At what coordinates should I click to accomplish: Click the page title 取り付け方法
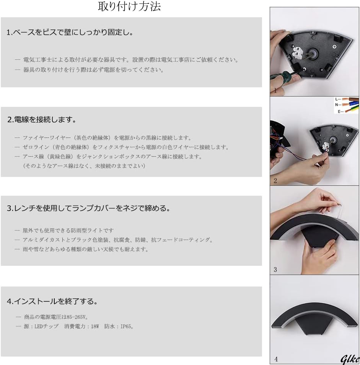(x=129, y=7)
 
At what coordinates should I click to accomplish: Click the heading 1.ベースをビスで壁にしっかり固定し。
(x=70, y=32)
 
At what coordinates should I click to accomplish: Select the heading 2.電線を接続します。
(x=42, y=119)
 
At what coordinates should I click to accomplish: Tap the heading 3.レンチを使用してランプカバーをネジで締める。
(x=89, y=208)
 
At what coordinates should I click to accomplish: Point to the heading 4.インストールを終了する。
(x=52, y=301)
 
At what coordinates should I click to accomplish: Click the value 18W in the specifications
(x=95, y=326)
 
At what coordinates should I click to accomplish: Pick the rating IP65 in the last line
(x=126, y=326)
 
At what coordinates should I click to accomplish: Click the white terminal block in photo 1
(x=298, y=52)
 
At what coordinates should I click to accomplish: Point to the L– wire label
(x=338, y=99)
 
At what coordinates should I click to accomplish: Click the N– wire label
(x=338, y=105)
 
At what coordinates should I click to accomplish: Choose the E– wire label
(x=340, y=111)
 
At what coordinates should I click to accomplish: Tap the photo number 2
(x=275, y=181)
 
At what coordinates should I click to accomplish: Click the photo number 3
(x=275, y=270)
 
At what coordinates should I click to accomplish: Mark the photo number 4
(x=276, y=359)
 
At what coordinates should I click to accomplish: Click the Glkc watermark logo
(x=350, y=359)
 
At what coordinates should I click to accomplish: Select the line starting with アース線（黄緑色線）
(x=112, y=156)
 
